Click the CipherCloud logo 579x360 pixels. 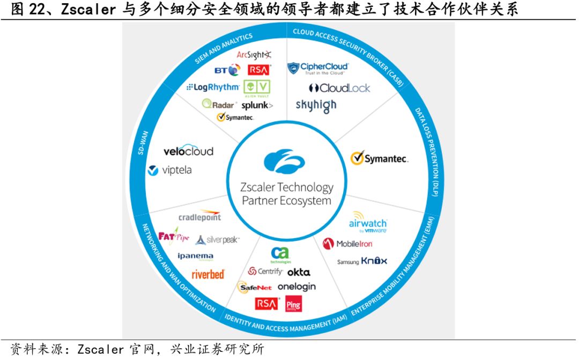pos(318,68)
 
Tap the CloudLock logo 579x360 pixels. pos(339,88)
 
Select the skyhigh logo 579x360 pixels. pos(316,105)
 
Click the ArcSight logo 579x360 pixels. pos(254,55)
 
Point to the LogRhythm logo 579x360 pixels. pos(213,87)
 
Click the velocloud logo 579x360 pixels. pos(188,151)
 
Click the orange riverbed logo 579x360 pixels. pos(208,274)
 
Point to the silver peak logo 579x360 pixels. pos(217,240)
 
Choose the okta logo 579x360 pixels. pos(299,272)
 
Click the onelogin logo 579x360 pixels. pos(296,286)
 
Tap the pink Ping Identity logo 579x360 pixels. pos(293,304)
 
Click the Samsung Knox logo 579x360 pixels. pos(362,261)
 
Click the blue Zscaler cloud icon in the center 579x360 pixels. pos(284,163)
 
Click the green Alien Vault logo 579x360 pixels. pos(257,88)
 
